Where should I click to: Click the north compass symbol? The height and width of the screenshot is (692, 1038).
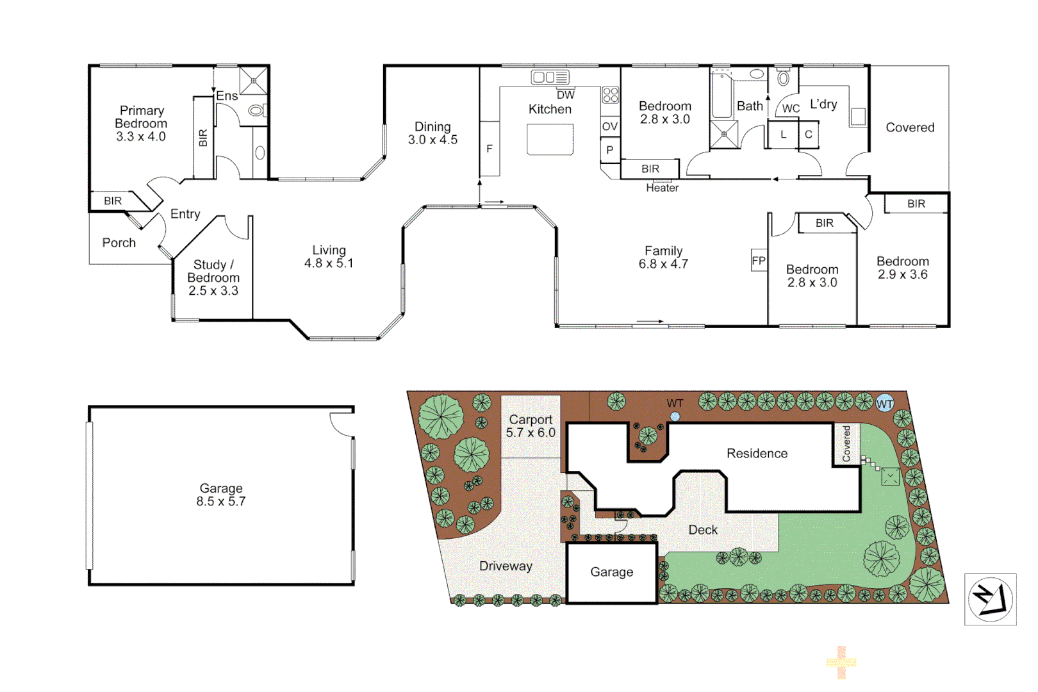991,599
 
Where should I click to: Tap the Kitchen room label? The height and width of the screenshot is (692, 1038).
550,110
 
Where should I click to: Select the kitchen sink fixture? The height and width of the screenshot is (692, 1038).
550,77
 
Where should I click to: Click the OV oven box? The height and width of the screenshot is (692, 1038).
610,126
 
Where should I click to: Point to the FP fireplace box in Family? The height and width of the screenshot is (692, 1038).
759,261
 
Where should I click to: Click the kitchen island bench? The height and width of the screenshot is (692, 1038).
550,139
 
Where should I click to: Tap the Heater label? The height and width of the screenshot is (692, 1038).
662,188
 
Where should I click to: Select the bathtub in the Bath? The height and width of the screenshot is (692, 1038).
721,95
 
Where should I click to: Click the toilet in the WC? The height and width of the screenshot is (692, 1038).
783,78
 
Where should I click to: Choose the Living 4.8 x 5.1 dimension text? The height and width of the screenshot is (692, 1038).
329,263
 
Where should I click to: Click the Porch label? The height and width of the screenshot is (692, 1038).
119,243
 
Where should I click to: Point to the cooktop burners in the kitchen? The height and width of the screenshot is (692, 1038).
610,95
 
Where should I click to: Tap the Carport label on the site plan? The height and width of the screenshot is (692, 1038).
531,420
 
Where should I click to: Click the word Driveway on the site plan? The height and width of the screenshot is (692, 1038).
506,566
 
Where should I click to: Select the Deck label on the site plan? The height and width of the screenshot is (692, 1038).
702,530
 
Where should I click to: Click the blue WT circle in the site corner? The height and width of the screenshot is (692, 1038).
884,403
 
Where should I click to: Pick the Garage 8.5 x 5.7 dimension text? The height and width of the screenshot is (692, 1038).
221,501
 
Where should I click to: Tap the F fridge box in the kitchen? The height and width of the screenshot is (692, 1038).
490,149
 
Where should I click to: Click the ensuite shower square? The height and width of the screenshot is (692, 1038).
254,81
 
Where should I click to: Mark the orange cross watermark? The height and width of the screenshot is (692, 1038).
841,663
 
